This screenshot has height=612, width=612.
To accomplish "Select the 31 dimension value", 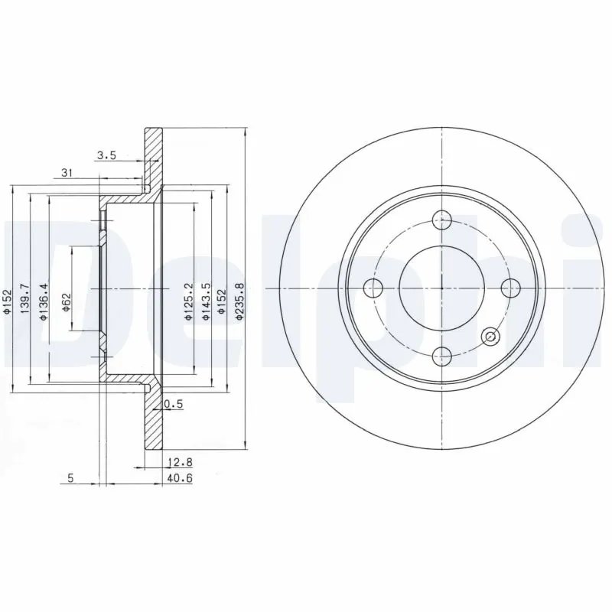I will pos(67,174).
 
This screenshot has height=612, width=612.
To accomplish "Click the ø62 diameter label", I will pos(66,301).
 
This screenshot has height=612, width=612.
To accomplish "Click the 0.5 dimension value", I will pos(174,404).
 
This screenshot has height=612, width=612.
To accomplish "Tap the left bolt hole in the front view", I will pos(374,288).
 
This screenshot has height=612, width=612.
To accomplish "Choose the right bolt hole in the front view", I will pos(509,288).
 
